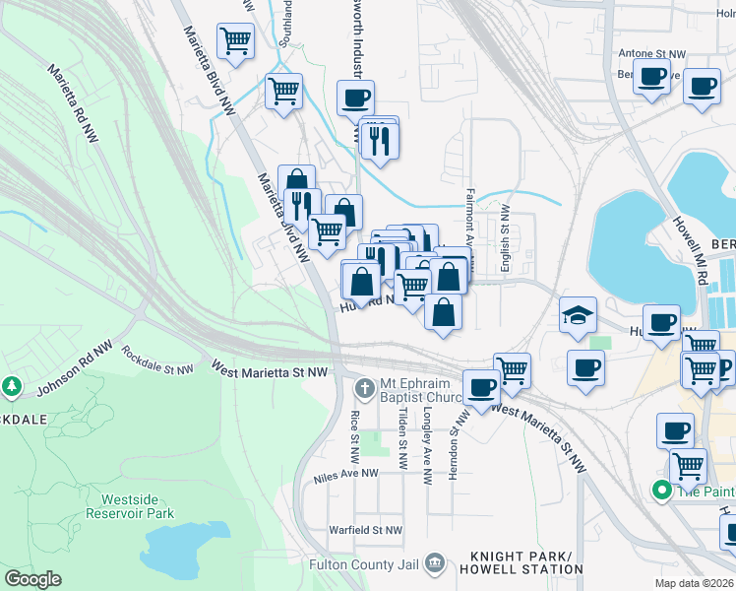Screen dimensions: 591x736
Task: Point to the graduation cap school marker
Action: pos(579,315)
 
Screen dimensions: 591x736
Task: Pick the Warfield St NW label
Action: pos(366,530)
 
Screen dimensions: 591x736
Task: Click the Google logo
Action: pos(32,579)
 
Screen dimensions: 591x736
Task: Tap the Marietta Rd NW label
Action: pos(75,102)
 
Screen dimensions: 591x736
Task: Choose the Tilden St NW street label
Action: pos(403,440)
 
